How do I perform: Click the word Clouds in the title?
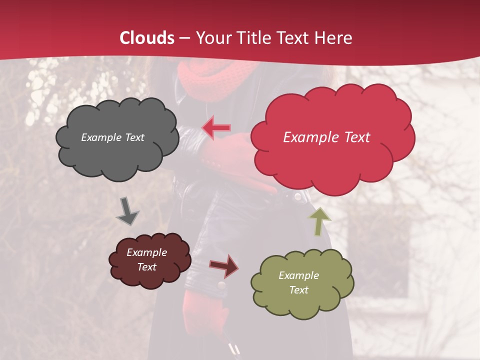(x=147, y=38)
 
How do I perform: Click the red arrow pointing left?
(x=216, y=127)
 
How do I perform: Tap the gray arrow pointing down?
(x=127, y=211)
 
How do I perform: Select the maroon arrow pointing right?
(x=224, y=266)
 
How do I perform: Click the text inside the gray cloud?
(x=112, y=137)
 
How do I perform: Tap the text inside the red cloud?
(x=326, y=137)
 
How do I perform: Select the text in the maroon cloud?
(x=146, y=259)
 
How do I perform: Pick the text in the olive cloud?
(x=298, y=282)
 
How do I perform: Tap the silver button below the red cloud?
(x=298, y=197)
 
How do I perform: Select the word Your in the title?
(x=212, y=38)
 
